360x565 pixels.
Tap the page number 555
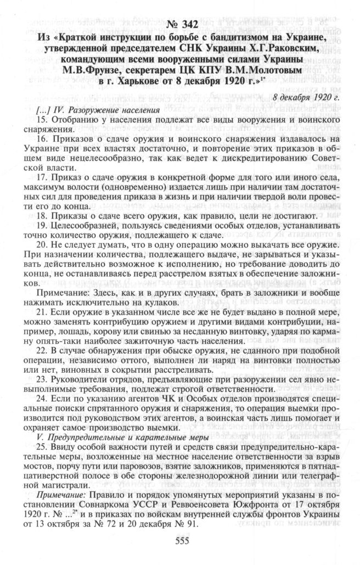click(182, 540)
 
